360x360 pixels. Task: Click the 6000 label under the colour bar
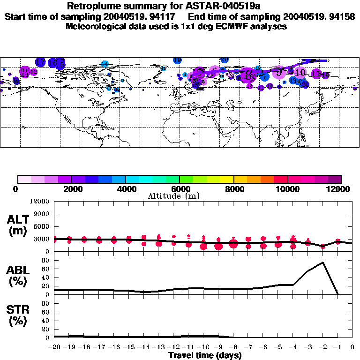pos(180,189)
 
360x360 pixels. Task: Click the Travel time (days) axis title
pos(205,355)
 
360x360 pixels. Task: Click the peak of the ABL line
pos(322,262)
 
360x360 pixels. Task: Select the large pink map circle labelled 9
pos(279,72)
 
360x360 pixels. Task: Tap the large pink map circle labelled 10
pos(300,72)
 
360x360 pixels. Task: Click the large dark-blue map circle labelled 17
pos(40,62)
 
